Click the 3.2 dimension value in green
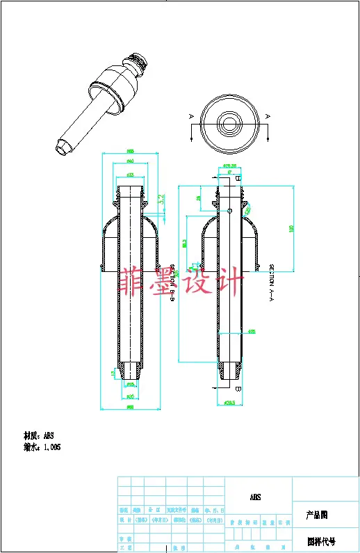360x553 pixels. pyautogui.click(x=161, y=198)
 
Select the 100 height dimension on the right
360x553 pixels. pyautogui.click(x=292, y=227)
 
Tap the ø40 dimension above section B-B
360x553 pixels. pyautogui.click(x=130, y=161)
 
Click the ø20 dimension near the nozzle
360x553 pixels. pyautogui.click(x=130, y=396)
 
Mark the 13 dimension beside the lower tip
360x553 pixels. pyautogui.click(x=113, y=374)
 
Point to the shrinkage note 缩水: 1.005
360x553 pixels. pyautogui.click(x=42, y=447)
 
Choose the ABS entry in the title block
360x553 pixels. pyautogui.click(x=256, y=498)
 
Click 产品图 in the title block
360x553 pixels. pyautogui.click(x=317, y=515)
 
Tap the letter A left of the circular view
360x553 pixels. pyautogui.click(x=191, y=115)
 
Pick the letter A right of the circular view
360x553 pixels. pyautogui.click(x=267, y=115)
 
